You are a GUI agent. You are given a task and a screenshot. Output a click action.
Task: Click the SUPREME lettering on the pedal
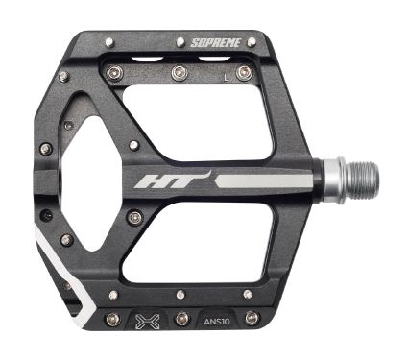coord(215,42)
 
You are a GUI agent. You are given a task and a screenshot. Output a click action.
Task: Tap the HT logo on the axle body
coord(172,180)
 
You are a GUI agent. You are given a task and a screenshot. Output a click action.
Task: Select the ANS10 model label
coord(217,322)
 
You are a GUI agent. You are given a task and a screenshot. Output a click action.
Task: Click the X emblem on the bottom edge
coord(147,321)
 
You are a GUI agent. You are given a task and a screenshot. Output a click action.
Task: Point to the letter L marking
coord(227,78)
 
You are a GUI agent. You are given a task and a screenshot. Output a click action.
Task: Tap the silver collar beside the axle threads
coord(334,180)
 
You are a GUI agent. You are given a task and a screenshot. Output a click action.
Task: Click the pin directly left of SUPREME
coord(180,41)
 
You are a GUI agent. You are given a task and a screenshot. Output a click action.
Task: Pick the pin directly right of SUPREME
coord(252,41)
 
